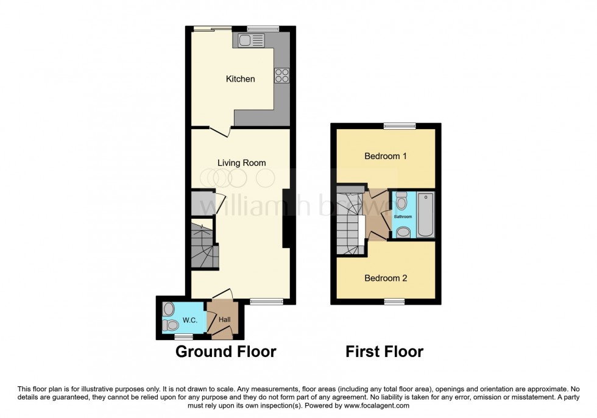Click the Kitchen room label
pos(240,79)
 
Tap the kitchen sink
pos(251,41)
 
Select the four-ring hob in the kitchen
pos(281,76)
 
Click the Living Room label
pos(242,163)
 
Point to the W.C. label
pos(188,321)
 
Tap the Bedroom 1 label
pos(385,156)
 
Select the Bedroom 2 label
pos(385,278)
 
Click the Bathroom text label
pos(403,217)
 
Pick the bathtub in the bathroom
pos(425,215)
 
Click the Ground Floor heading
pos(226,352)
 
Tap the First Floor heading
pos(384,352)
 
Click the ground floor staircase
pos(203,246)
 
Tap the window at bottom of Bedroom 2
pos(394,301)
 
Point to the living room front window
pos(267,301)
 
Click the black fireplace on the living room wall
pos(286,218)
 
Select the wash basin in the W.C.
pos(169,309)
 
